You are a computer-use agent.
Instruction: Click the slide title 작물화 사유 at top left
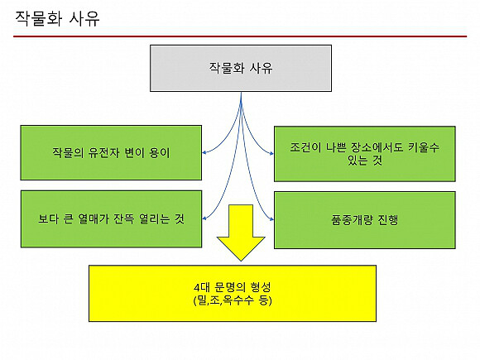[57, 18]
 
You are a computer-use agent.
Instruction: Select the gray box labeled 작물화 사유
[241, 68]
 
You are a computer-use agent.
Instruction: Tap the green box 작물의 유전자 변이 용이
[111, 152]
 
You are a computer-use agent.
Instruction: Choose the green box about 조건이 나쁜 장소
[365, 154]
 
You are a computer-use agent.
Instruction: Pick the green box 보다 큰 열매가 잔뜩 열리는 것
[111, 218]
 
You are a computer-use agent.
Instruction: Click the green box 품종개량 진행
[365, 220]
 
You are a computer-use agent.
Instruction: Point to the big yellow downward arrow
[241, 233]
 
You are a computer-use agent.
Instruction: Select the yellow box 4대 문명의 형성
[233, 293]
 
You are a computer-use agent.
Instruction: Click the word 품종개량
[352, 220]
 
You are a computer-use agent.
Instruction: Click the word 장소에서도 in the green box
[377, 147]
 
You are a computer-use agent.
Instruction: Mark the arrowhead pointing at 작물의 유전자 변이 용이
[204, 152]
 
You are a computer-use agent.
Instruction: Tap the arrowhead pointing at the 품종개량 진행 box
[271, 219]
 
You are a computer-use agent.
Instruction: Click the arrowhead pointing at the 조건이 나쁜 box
[271, 153]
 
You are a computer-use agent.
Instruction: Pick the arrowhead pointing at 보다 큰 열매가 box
[204, 218]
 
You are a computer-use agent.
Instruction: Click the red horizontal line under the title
[240, 36]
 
